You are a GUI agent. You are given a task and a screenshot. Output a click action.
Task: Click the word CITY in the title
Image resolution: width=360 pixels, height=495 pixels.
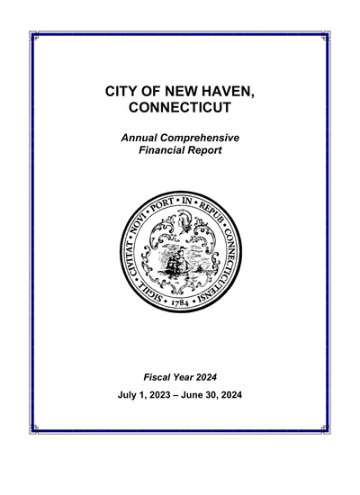[122, 93]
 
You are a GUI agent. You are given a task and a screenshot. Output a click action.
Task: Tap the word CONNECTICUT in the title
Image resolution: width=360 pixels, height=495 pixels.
[180, 109]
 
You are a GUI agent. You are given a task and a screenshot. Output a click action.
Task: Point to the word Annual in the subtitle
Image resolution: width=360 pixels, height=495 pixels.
[140, 137]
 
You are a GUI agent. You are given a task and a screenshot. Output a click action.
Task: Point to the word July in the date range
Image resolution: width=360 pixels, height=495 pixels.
[129, 394]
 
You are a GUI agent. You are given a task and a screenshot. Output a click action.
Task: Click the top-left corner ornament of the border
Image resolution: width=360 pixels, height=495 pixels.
[34, 35]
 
